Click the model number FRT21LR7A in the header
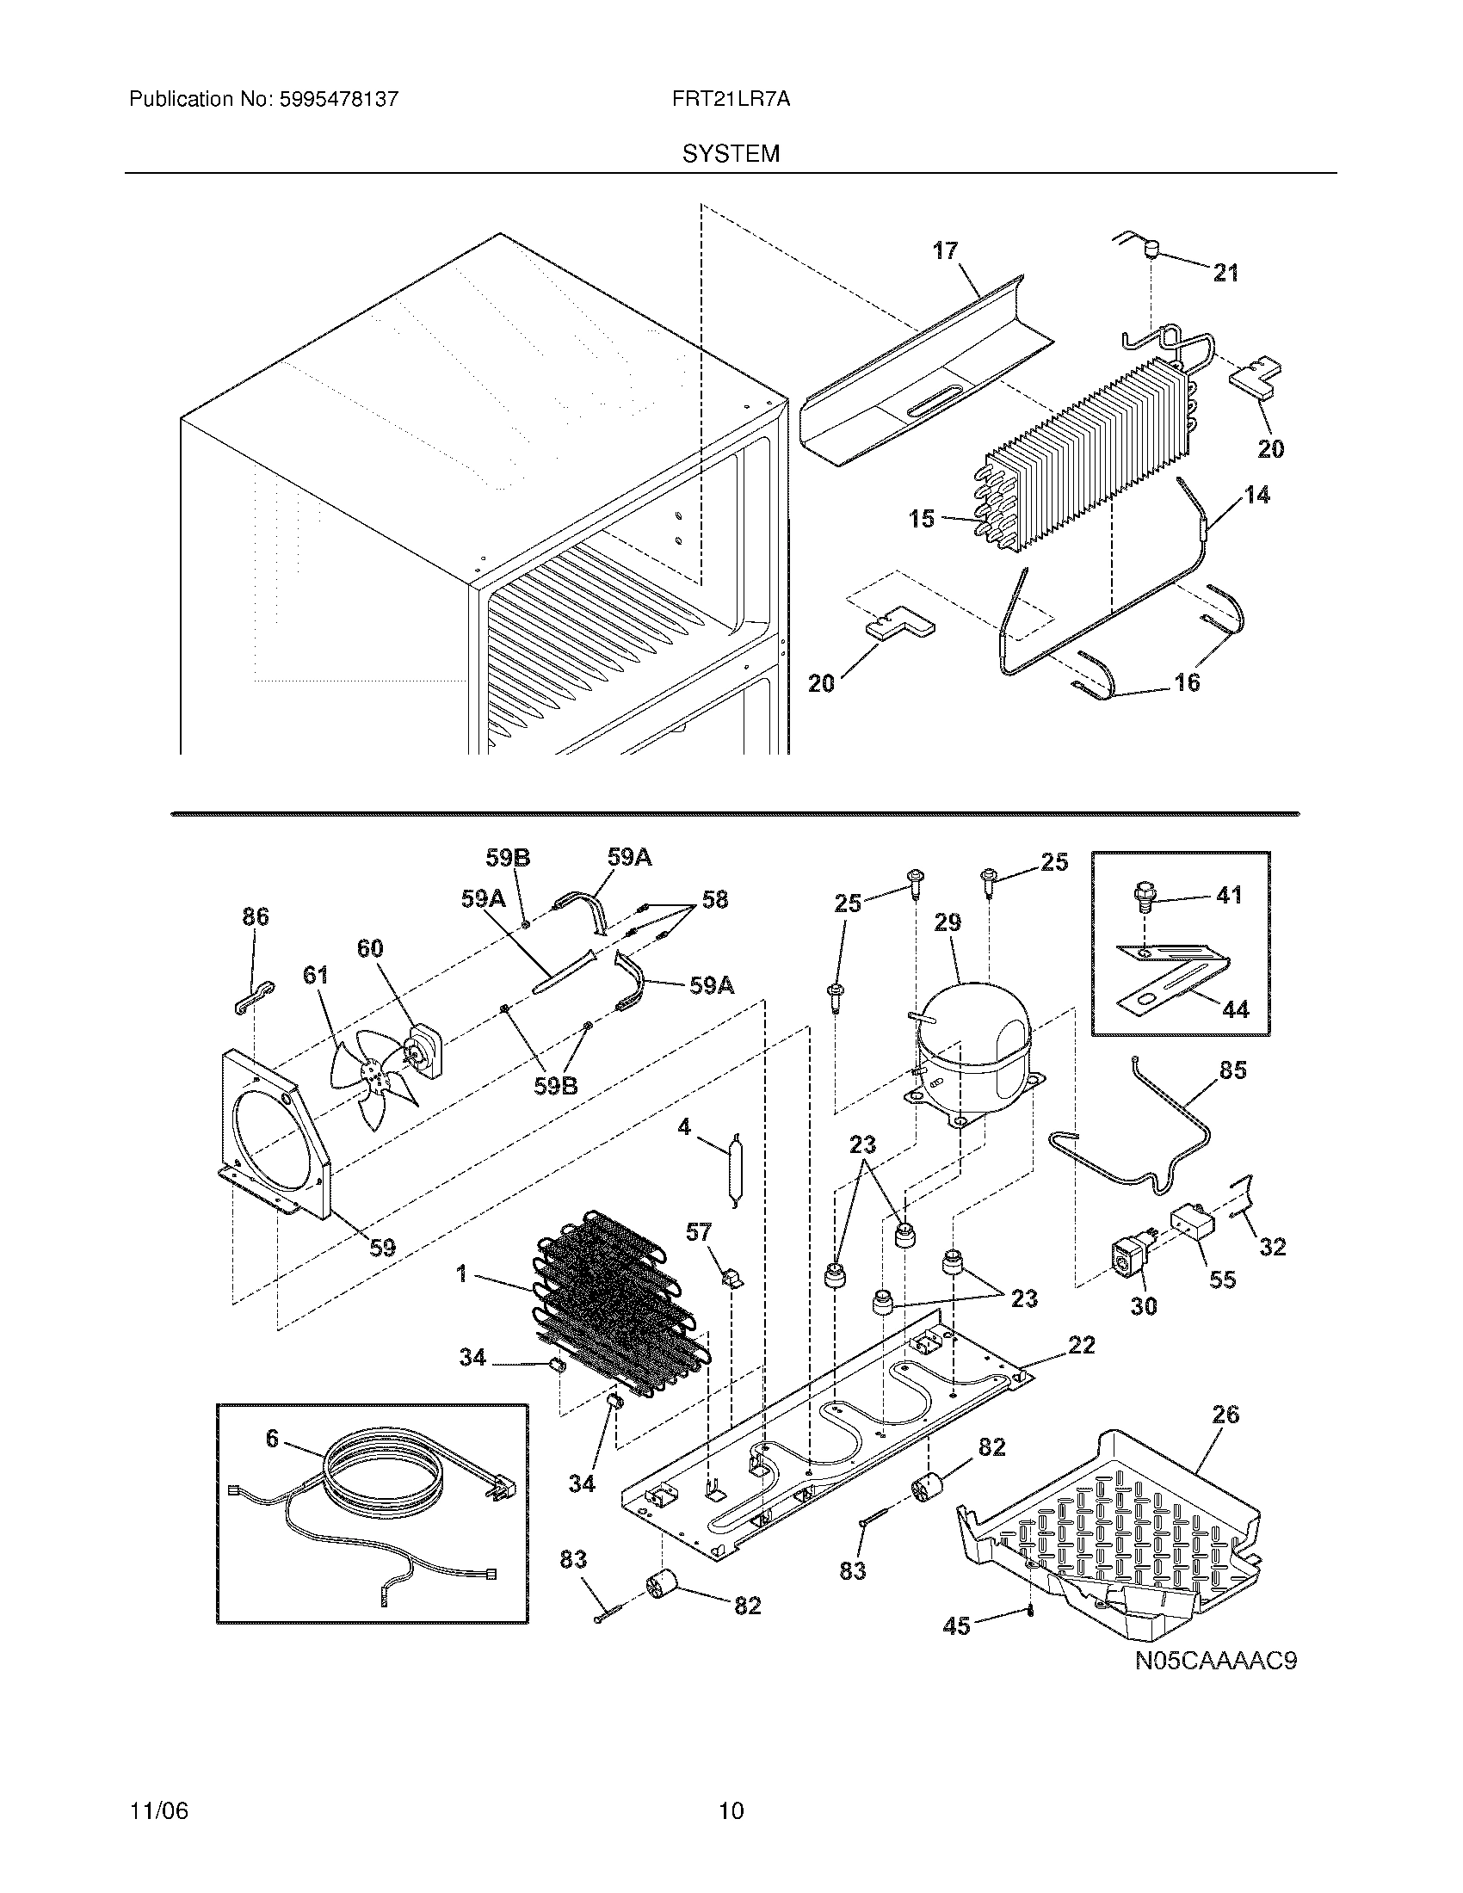[730, 99]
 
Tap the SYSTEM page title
[730, 153]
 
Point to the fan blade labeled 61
[368, 1075]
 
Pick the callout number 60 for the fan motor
[370, 948]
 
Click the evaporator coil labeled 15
[1083, 451]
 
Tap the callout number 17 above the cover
[945, 250]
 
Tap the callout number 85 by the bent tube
[1232, 1070]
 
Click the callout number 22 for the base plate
[1082, 1344]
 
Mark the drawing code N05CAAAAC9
[1216, 1661]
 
